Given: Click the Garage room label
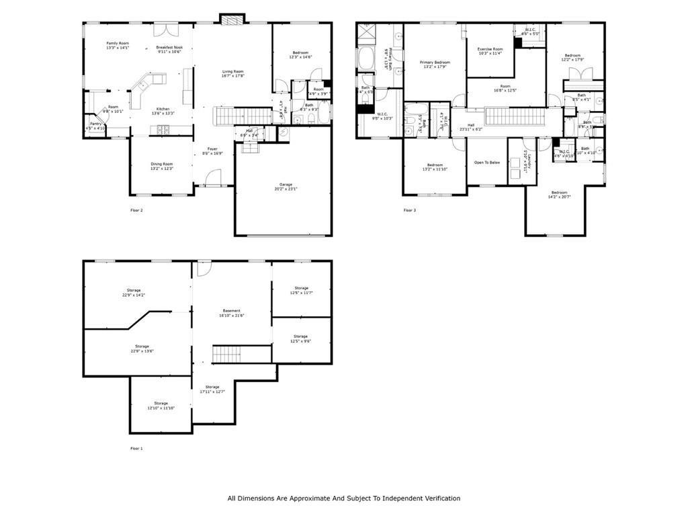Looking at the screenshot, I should tap(286, 184).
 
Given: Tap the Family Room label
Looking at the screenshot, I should tap(118, 43).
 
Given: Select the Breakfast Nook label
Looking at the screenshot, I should tap(169, 47).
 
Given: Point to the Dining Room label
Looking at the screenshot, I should tap(161, 164).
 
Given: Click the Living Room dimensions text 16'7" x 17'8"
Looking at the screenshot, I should tap(233, 76).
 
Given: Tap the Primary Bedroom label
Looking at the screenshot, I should tap(435, 62).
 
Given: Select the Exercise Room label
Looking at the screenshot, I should tap(490, 48).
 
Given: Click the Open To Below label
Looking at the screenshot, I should tap(487, 162).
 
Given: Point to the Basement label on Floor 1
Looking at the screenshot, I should tap(232, 311).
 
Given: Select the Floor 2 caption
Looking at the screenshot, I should tap(136, 210).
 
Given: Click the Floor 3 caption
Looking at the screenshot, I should tap(410, 210).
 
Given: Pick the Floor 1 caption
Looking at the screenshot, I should tap(136, 448).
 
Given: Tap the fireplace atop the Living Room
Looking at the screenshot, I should tap(230, 20).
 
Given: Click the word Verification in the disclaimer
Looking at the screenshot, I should tap(440, 499).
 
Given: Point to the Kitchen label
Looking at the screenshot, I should tap(163, 109).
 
